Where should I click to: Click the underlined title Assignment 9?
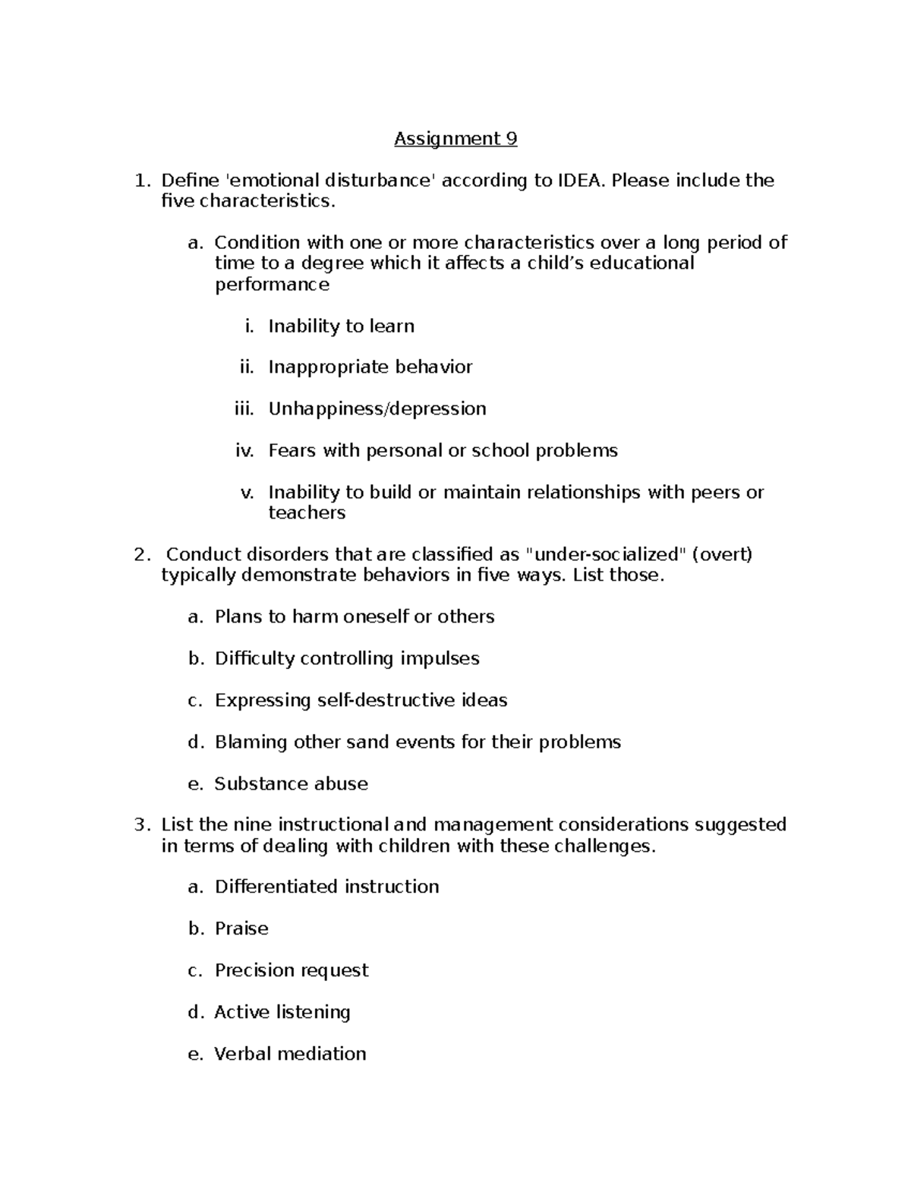click(x=455, y=139)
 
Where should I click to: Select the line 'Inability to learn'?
click(x=341, y=326)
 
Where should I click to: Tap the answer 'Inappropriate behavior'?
click(x=370, y=367)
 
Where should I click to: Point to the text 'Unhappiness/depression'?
click(x=377, y=409)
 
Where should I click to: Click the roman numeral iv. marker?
click(x=244, y=451)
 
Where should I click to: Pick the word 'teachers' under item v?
click(x=307, y=513)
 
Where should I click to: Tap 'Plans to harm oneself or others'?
click(x=354, y=616)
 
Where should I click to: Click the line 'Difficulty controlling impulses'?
click(x=347, y=658)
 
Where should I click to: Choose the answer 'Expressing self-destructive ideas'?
click(x=361, y=700)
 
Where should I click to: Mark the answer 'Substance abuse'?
click(x=291, y=783)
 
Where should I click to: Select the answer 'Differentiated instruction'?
click(x=326, y=887)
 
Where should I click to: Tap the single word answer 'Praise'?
click(x=241, y=928)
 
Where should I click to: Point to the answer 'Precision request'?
click(x=292, y=970)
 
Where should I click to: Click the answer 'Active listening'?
click(x=282, y=1012)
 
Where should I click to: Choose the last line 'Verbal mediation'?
click(x=290, y=1054)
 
